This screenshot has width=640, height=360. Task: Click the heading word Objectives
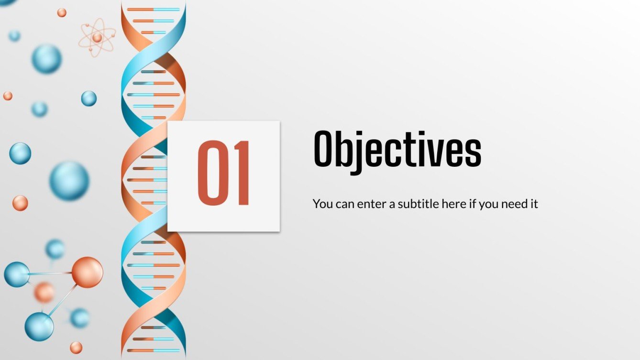[x=397, y=149]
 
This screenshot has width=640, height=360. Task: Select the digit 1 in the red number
[x=241, y=173]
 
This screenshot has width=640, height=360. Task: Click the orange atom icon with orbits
[x=97, y=38]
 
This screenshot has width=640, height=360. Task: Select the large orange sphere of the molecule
[x=87, y=273]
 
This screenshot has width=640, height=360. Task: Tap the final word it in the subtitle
[x=534, y=204]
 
